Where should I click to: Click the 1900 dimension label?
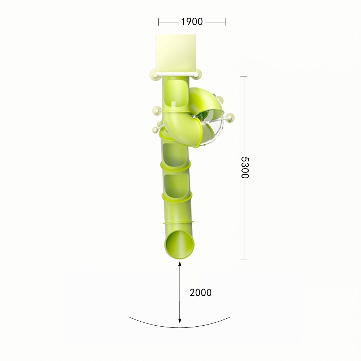[x=192, y=22]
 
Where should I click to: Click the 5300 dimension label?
[x=244, y=168]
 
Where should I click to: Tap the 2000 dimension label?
[x=200, y=293]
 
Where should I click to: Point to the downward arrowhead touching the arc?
[x=180, y=320]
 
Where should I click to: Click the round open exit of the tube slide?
[x=179, y=244]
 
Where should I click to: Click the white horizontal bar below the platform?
[x=176, y=75]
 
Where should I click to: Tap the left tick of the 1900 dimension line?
[x=158, y=22]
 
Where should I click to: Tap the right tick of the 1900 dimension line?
[x=226, y=22]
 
